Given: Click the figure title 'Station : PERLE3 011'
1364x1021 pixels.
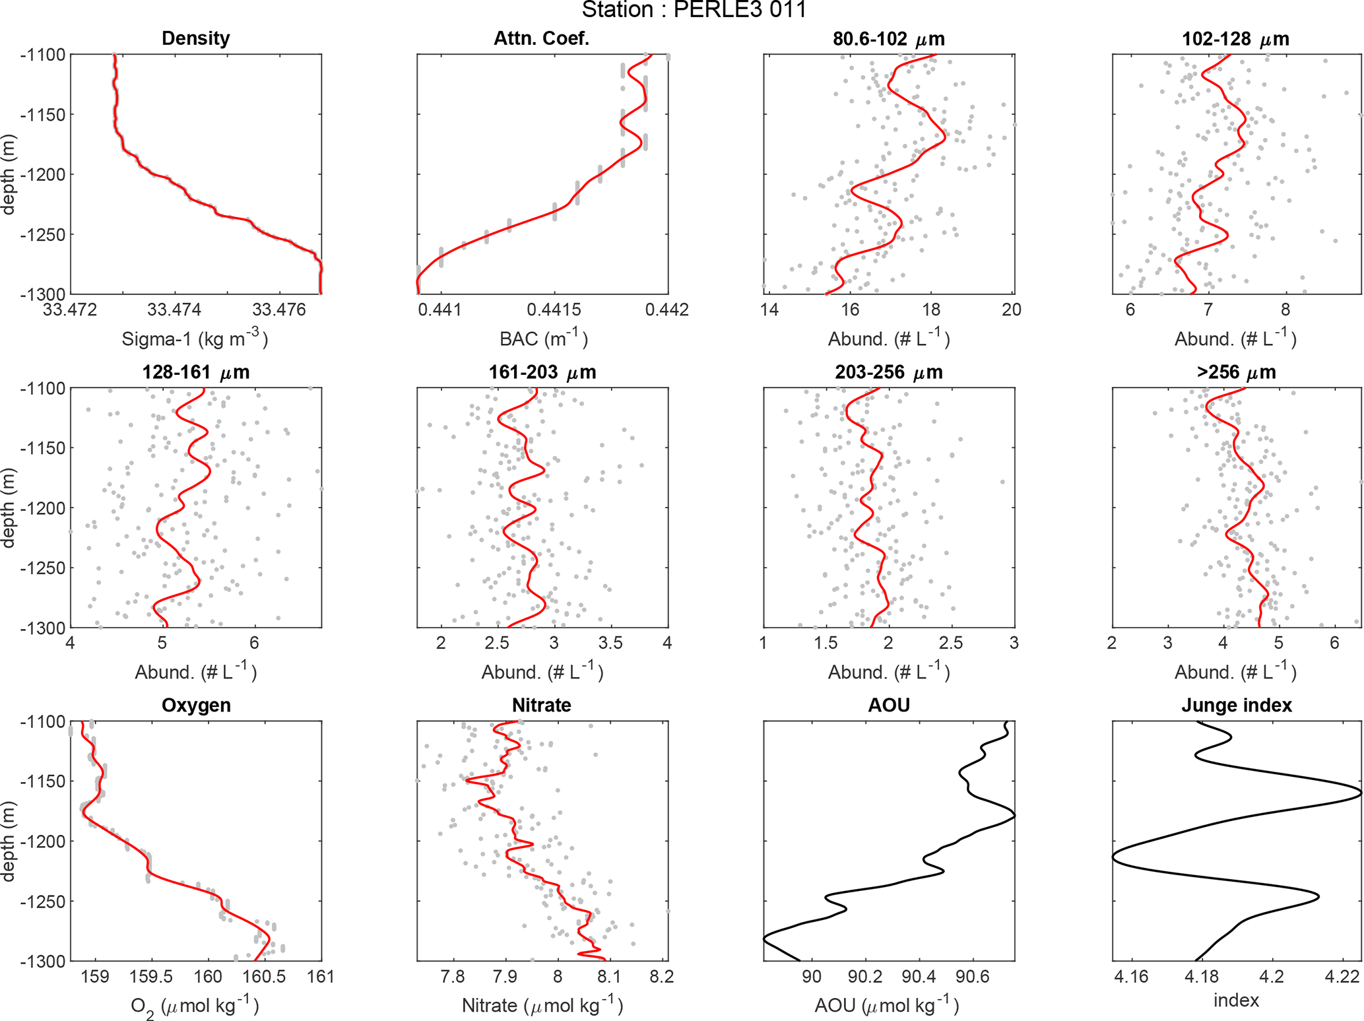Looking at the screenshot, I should pyautogui.click(x=694, y=10).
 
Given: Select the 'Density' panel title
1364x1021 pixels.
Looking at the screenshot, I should pyautogui.click(x=195, y=38).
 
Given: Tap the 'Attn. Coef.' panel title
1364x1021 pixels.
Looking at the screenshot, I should pyautogui.click(x=541, y=38).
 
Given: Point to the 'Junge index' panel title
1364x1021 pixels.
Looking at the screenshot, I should pyautogui.click(x=1236, y=705).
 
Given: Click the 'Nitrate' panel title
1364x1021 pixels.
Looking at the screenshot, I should pyautogui.click(x=541, y=705).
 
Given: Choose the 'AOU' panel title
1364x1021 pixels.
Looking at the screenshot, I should pyautogui.click(x=888, y=705).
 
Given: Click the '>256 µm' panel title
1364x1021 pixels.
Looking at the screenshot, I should pyautogui.click(x=1236, y=372).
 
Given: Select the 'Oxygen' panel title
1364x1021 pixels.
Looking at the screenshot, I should pyautogui.click(x=195, y=705).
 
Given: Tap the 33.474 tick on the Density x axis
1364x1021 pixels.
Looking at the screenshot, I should pyautogui.click(x=175, y=310).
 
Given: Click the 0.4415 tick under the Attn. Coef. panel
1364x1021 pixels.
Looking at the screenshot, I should pyautogui.click(x=554, y=310).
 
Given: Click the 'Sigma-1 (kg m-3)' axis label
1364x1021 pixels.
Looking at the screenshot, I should pyautogui.click(x=195, y=339).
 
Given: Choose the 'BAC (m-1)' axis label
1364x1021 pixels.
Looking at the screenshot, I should pyautogui.click(x=542, y=339).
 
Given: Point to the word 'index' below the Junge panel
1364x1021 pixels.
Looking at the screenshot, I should pyautogui.click(x=1236, y=1001).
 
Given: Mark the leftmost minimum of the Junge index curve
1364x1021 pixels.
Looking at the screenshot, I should pyautogui.click(x=1113, y=858).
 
